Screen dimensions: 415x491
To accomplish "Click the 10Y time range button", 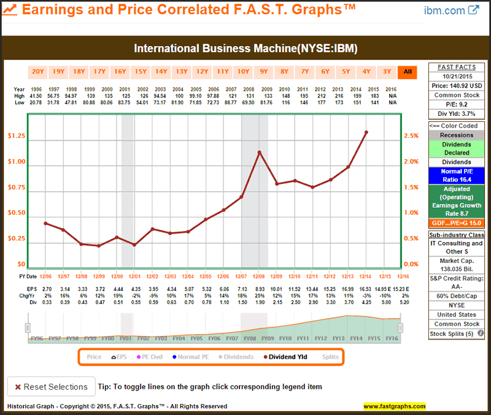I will [243, 71].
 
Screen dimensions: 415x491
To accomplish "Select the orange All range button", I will [407, 71].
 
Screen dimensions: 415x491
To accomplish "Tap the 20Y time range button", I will [38, 71].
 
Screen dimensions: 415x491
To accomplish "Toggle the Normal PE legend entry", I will [193, 357].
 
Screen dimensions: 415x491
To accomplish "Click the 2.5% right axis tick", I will [411, 135].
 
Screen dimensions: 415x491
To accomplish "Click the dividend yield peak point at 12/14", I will [366, 132].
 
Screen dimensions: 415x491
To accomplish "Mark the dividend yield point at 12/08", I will [259, 152].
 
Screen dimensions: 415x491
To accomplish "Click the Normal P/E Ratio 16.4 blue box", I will [455, 175].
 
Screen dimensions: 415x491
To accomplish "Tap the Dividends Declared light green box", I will [455, 148].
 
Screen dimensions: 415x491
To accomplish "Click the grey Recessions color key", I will [455, 135].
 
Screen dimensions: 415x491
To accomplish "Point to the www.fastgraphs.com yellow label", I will [394, 406].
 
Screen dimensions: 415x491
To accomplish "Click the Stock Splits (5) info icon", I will [481, 334].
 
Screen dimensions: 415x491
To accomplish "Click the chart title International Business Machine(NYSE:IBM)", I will [245, 48].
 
